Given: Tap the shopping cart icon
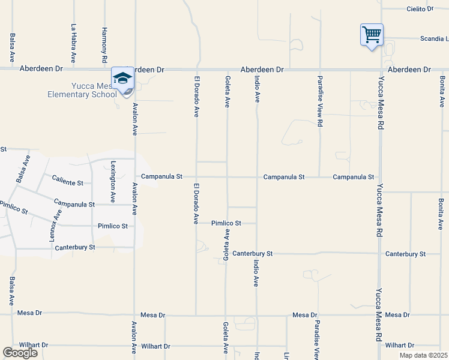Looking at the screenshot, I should coord(372,35).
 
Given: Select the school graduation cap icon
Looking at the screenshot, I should coord(122,79).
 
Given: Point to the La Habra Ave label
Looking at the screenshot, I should coord(74,43).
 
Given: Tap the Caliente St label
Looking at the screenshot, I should coord(71,181).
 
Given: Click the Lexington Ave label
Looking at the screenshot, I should coord(113,181).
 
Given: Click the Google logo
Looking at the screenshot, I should coord(20,353).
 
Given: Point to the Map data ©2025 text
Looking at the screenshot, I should coord(423,355).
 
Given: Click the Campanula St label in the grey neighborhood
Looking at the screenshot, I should coord(74,204).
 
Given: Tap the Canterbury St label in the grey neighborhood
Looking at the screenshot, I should coord(75,247).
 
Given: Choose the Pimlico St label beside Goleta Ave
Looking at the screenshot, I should coord(226,223).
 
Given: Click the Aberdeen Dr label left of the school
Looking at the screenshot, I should coord(41,70).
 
